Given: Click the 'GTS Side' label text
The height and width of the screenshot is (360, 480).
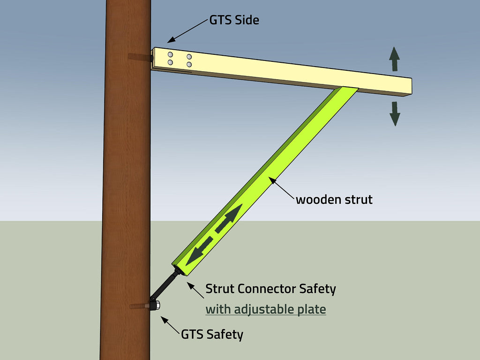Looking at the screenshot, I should coord(234,21).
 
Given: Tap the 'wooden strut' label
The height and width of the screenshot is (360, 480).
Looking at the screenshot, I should coord(334,200).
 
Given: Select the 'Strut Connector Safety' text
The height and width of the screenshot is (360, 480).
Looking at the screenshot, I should coord(270,289).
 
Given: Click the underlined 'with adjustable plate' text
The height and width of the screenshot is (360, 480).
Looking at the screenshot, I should coord(266,309).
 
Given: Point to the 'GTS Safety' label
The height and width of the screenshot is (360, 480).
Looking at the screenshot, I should coord(212,335).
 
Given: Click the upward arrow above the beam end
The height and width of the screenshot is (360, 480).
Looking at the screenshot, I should coord(395,59).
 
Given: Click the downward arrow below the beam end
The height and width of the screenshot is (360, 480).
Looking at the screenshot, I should coord(395,113).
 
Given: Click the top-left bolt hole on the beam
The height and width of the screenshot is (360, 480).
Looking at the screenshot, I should coord(170,55).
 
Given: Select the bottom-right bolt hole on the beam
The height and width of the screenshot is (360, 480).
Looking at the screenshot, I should coord(189,64).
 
